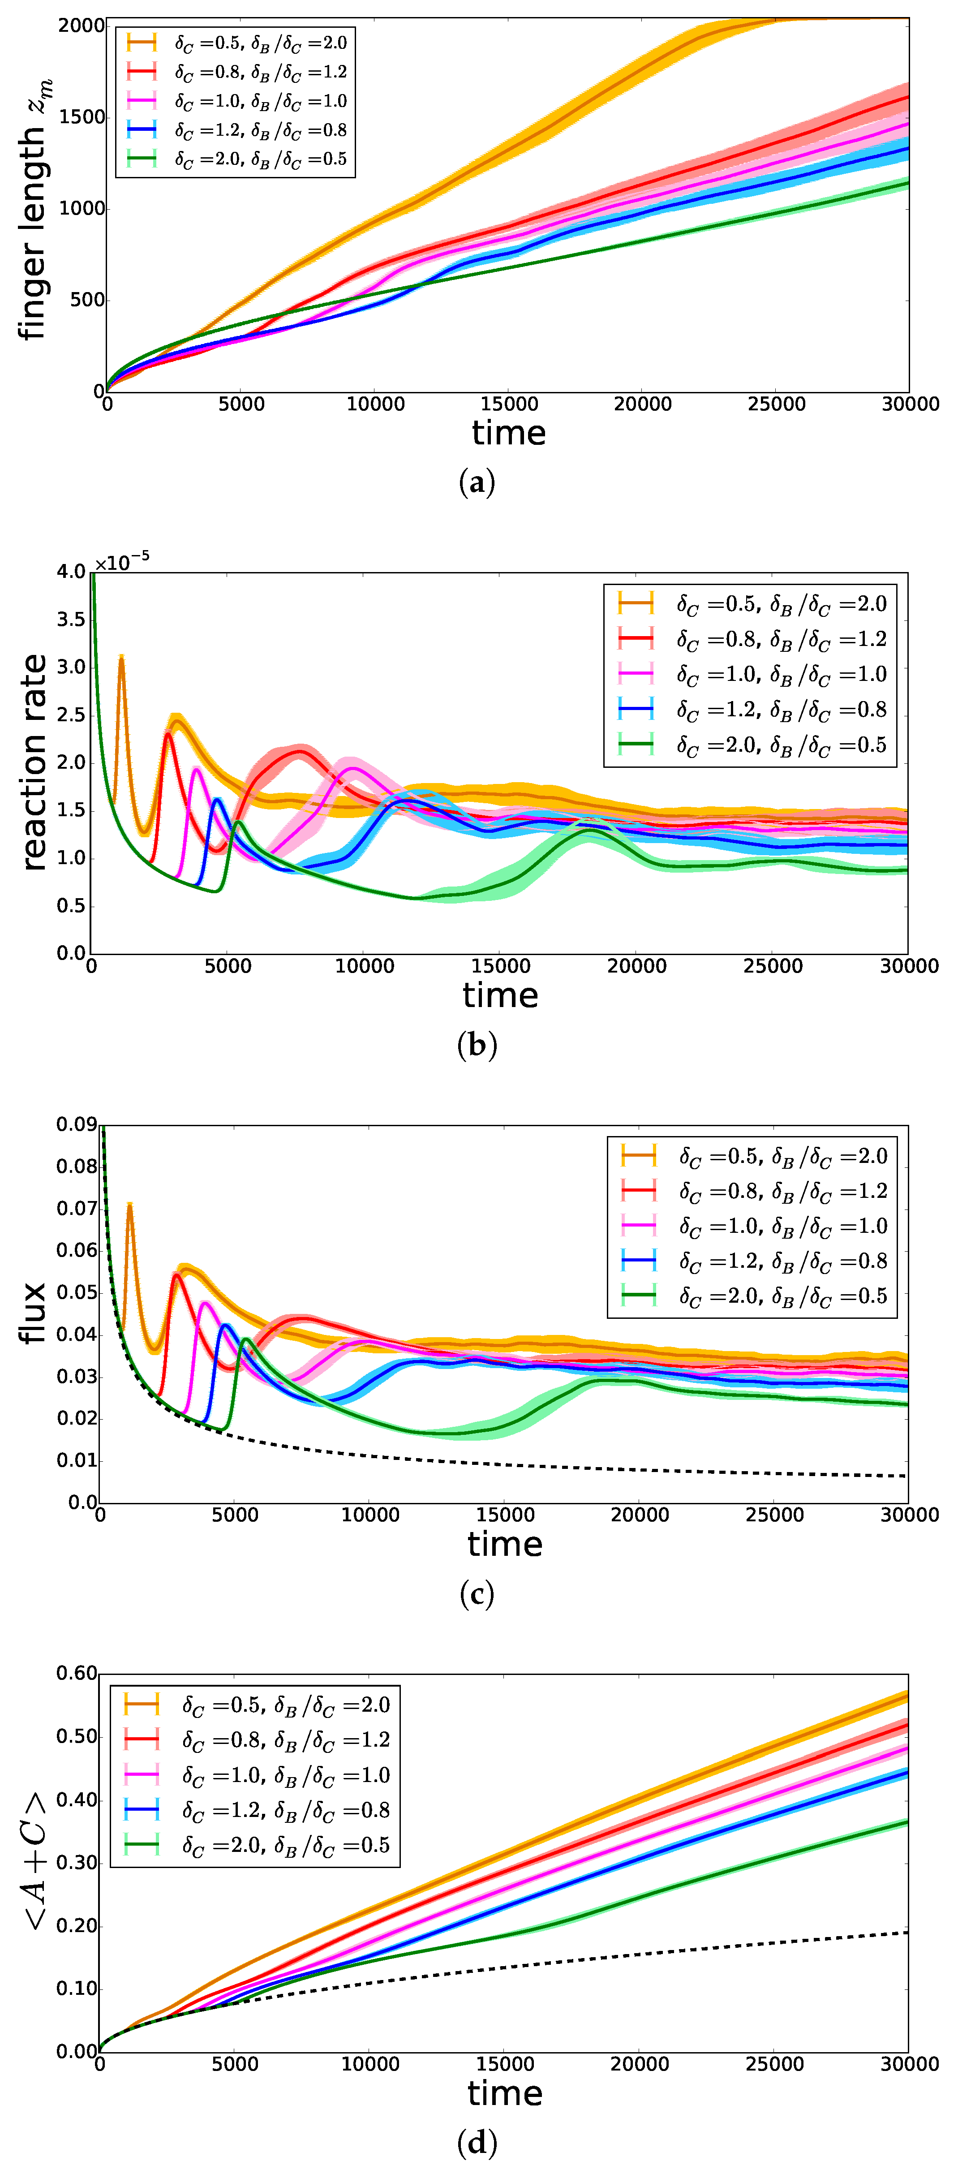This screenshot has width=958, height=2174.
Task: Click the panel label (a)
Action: [477, 483]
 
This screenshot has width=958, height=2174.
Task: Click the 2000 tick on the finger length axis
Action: [81, 26]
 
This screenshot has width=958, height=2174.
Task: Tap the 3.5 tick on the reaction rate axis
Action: [71, 620]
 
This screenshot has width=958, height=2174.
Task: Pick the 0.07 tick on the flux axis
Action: [77, 1209]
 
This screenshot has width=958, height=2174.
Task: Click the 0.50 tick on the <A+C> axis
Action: [77, 1737]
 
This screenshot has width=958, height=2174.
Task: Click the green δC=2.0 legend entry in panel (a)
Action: [236, 159]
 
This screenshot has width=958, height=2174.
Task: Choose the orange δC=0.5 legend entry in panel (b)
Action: [751, 603]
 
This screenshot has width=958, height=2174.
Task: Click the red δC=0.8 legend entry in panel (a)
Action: [236, 72]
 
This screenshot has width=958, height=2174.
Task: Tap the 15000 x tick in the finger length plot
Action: [509, 404]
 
